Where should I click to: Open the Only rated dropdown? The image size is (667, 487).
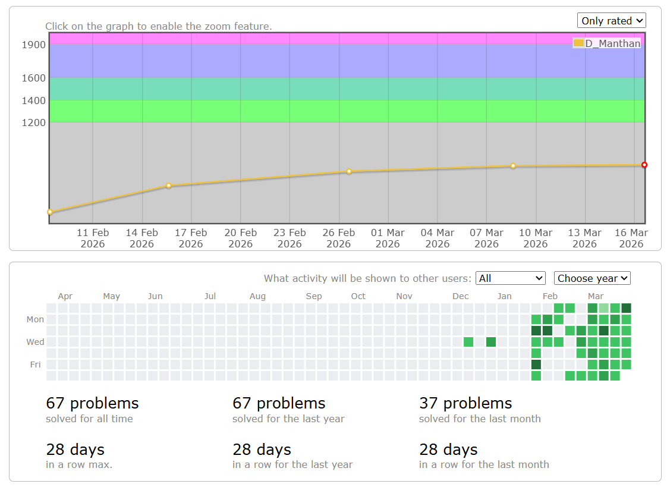click(611, 21)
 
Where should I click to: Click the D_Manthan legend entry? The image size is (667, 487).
click(607, 43)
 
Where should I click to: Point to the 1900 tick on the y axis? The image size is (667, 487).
click(34, 45)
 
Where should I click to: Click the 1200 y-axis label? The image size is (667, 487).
click(34, 122)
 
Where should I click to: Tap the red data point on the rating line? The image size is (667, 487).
click(644, 165)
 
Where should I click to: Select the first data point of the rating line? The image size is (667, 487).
click(50, 212)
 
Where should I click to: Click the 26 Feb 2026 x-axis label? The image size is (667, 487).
click(339, 238)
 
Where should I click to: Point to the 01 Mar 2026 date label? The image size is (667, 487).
click(388, 238)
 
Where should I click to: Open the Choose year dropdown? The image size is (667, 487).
click(592, 278)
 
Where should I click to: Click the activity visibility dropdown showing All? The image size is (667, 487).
click(510, 278)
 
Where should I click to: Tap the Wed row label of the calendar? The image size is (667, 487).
click(35, 342)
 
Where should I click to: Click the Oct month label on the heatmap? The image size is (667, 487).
click(358, 296)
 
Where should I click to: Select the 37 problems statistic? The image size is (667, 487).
click(465, 403)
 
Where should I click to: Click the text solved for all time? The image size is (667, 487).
click(89, 419)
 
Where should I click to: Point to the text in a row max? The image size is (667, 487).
click(79, 464)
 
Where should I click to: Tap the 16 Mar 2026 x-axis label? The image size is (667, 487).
click(631, 238)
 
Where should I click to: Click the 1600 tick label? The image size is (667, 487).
click(34, 78)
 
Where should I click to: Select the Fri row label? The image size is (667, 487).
click(36, 365)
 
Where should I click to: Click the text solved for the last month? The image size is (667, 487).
click(480, 419)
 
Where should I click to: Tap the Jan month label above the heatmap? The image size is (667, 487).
click(504, 296)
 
